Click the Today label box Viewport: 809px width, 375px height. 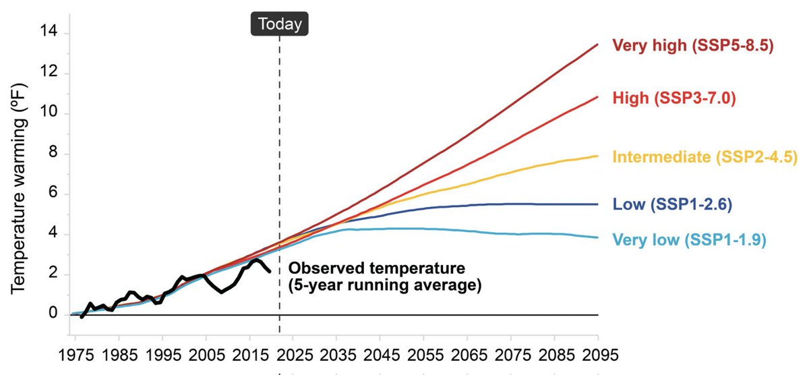[x=279, y=25]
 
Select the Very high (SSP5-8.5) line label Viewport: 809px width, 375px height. [x=692, y=46]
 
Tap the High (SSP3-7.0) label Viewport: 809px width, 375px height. [x=673, y=99]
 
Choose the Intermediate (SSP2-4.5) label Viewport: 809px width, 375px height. [x=705, y=157]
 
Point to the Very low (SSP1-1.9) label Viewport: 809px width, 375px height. [x=689, y=239]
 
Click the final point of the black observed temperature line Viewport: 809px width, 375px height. [x=270, y=271]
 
